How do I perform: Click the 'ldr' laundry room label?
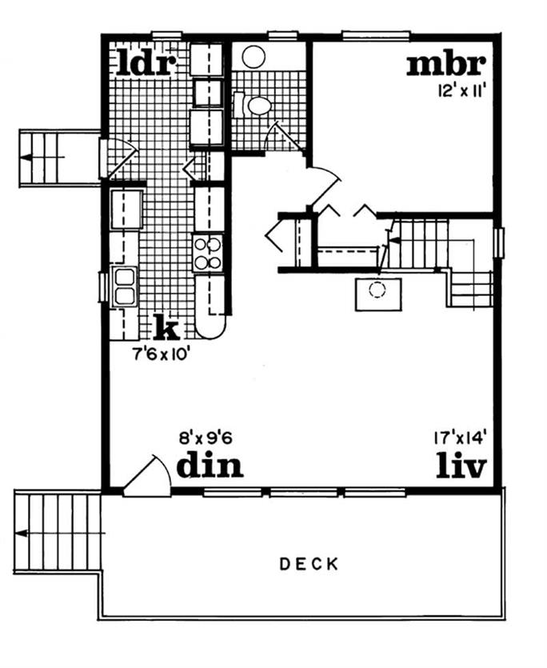tap(146, 63)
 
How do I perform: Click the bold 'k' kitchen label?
tap(166, 327)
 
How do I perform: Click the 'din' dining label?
tap(210, 465)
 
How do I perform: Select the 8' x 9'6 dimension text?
tap(210, 438)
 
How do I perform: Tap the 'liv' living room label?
tap(461, 465)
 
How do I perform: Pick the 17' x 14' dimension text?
tap(460, 438)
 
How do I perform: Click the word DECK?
tap(309, 564)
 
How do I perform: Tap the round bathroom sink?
tap(254, 56)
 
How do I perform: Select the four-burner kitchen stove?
tap(208, 253)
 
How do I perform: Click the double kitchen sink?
tap(124, 286)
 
